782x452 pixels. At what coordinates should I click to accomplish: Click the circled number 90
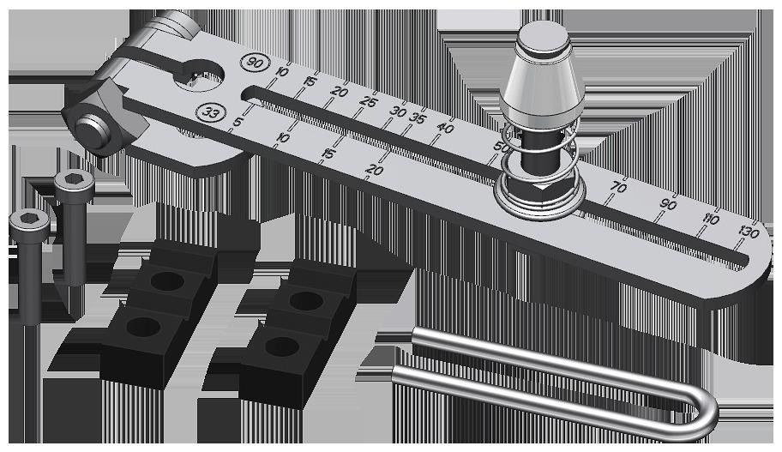[x=253, y=63]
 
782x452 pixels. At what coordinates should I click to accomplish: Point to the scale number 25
[x=369, y=102]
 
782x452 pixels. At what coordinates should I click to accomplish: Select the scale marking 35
[x=418, y=118]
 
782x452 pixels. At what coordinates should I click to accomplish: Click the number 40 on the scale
[x=445, y=128]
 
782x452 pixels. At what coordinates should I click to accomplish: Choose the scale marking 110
[x=710, y=219]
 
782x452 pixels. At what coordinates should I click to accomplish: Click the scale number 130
[x=749, y=232]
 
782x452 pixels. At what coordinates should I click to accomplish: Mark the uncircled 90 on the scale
[x=669, y=204]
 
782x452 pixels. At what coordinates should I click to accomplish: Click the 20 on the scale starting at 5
[x=373, y=170]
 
